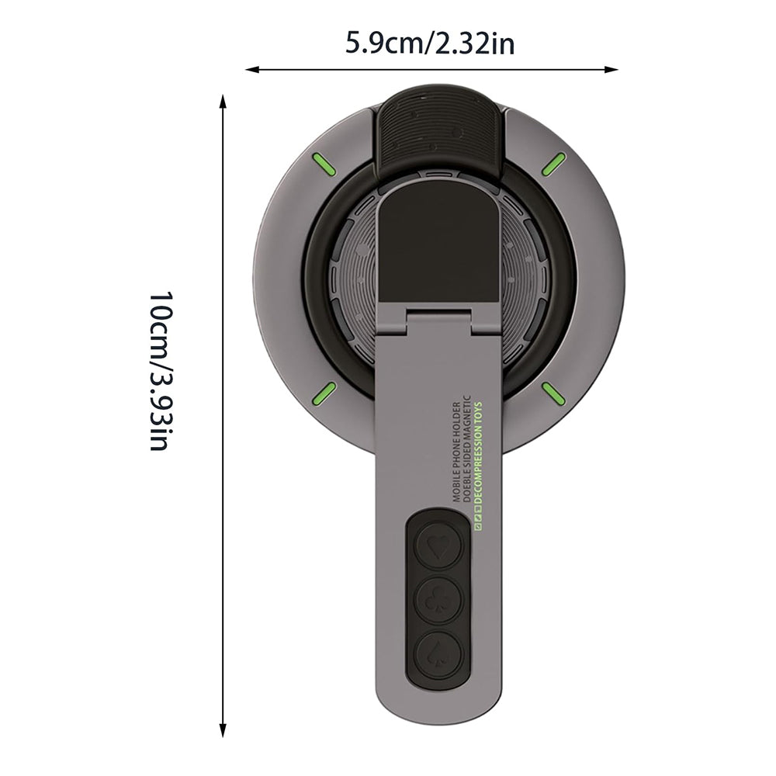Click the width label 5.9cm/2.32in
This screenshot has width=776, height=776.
coord(429,44)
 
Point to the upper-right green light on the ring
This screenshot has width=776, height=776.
coord(554,163)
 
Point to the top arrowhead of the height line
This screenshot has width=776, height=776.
coord(223,102)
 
